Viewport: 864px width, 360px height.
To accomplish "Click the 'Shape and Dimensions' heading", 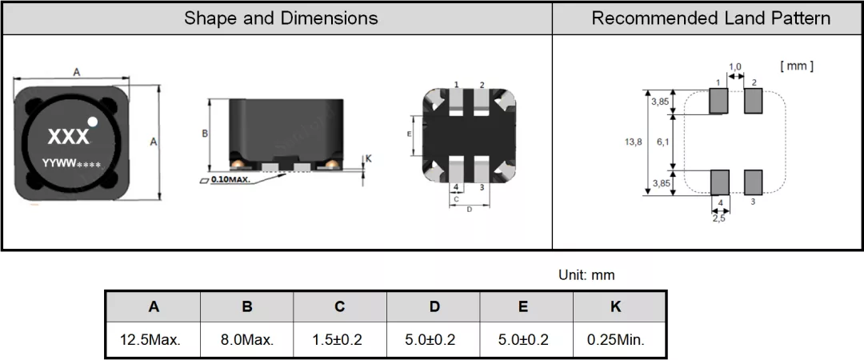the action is pyautogui.click(x=281, y=18).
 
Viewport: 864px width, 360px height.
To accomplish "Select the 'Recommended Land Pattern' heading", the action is pyautogui.click(x=711, y=18).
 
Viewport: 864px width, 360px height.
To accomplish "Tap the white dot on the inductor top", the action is pyautogui.click(x=93, y=122).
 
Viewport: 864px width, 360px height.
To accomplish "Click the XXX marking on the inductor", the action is pyautogui.click(x=68, y=137).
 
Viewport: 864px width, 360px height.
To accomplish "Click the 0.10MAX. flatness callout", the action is pyautogui.click(x=230, y=180).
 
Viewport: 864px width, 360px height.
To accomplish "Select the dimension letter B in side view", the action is pyautogui.click(x=205, y=134).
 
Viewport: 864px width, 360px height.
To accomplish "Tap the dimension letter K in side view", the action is pyautogui.click(x=369, y=158).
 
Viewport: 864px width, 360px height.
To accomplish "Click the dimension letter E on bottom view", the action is pyautogui.click(x=409, y=134).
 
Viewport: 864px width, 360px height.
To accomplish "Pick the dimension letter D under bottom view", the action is pyautogui.click(x=470, y=210).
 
